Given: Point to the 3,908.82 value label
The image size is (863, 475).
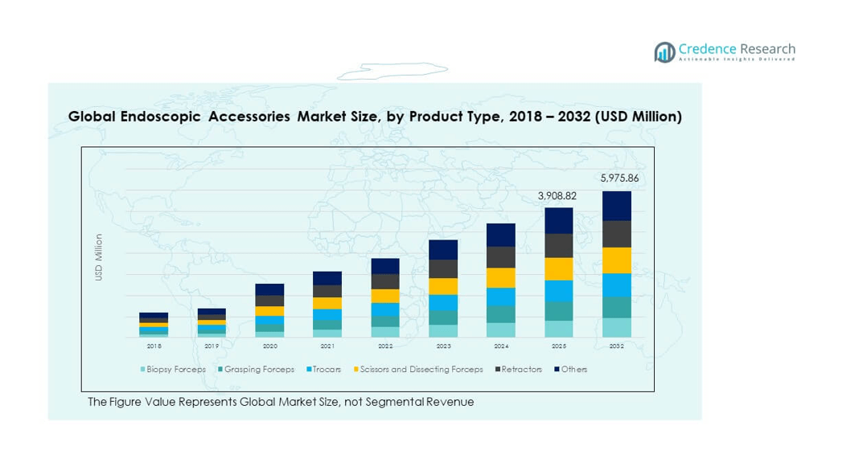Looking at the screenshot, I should pyautogui.click(x=558, y=195).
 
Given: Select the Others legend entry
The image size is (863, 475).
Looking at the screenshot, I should pyautogui.click(x=573, y=370).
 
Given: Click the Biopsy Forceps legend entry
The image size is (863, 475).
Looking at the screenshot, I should pyautogui.click(x=176, y=370).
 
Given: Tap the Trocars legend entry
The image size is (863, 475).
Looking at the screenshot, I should pyautogui.click(x=327, y=370).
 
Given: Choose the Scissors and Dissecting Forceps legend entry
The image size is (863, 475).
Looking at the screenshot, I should pyautogui.click(x=421, y=370).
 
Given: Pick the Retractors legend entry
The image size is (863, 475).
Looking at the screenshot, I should pyautogui.click(x=521, y=370).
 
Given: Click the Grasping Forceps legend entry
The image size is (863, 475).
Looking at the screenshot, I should pyautogui.click(x=259, y=370).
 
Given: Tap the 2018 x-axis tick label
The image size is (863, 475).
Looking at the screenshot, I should pyautogui.click(x=154, y=346).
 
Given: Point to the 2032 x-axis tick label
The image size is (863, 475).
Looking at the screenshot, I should pyautogui.click(x=616, y=346).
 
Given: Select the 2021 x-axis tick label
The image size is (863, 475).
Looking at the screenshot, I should pyautogui.click(x=327, y=346).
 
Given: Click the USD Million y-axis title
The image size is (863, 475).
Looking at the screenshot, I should pyautogui.click(x=99, y=257).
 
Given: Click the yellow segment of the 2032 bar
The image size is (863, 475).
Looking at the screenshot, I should pyautogui.click(x=616, y=260).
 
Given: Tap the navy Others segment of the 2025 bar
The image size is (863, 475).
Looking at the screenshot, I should pyautogui.click(x=558, y=220).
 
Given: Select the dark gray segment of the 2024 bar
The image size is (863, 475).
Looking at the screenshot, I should pyautogui.click(x=500, y=257).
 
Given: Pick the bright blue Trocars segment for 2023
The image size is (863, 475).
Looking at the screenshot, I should pyautogui.click(x=442, y=302).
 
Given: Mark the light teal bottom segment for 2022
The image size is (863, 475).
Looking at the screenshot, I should pyautogui.click(x=384, y=332).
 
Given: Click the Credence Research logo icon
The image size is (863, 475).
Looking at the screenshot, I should pyautogui.click(x=664, y=52).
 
